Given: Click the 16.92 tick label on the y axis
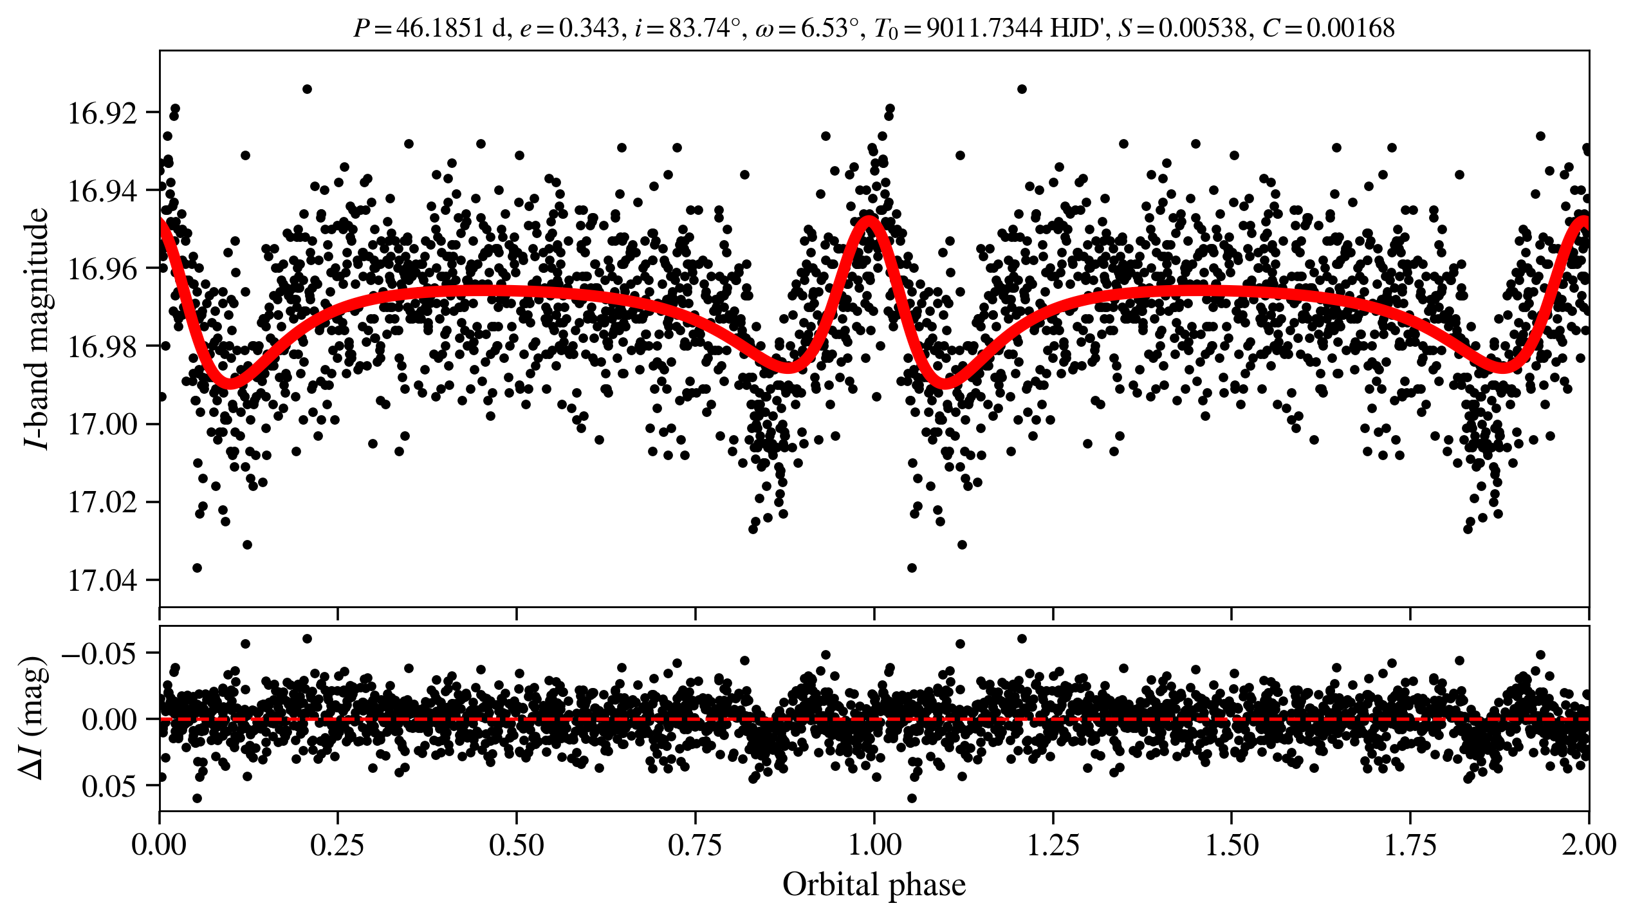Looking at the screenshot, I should [102, 114].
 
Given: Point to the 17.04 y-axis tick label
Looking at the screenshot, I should [102, 581].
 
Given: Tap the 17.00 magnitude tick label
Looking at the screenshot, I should [102, 425].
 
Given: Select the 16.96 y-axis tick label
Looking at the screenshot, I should [102, 270].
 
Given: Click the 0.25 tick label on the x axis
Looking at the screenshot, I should [338, 845].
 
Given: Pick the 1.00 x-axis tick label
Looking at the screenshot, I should [874, 845].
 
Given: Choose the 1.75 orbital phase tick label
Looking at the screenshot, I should [1410, 845].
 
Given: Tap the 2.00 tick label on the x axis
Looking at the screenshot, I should [1588, 845].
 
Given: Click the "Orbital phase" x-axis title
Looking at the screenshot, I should [874, 885].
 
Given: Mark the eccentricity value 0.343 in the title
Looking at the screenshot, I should [589, 28].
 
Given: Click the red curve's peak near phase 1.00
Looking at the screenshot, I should [869, 219].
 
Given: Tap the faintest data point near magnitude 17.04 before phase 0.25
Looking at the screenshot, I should [198, 568].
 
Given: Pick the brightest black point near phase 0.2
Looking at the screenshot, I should [307, 89].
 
